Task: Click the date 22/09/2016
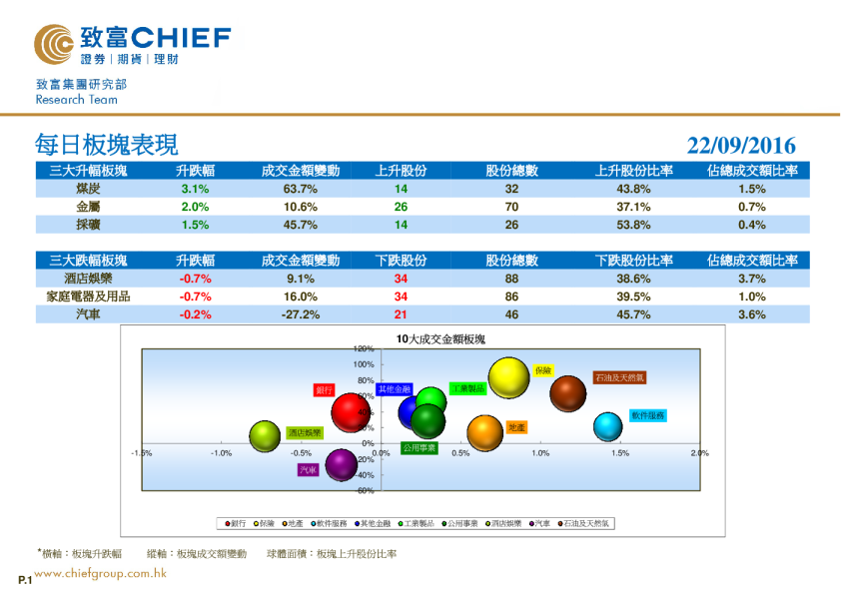[741, 146]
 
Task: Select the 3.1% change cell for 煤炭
[195, 189]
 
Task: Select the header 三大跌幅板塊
[88, 261]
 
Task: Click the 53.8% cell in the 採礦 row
[634, 225]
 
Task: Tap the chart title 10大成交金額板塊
[439, 340]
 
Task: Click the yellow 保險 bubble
[508, 377]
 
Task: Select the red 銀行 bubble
[351, 412]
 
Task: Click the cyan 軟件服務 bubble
[608, 426]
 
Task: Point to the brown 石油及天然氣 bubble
[567, 393]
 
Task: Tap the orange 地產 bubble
[485, 433]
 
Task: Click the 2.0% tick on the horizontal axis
[699, 453]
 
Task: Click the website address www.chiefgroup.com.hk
[100, 573]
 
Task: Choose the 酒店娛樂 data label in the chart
[305, 433]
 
